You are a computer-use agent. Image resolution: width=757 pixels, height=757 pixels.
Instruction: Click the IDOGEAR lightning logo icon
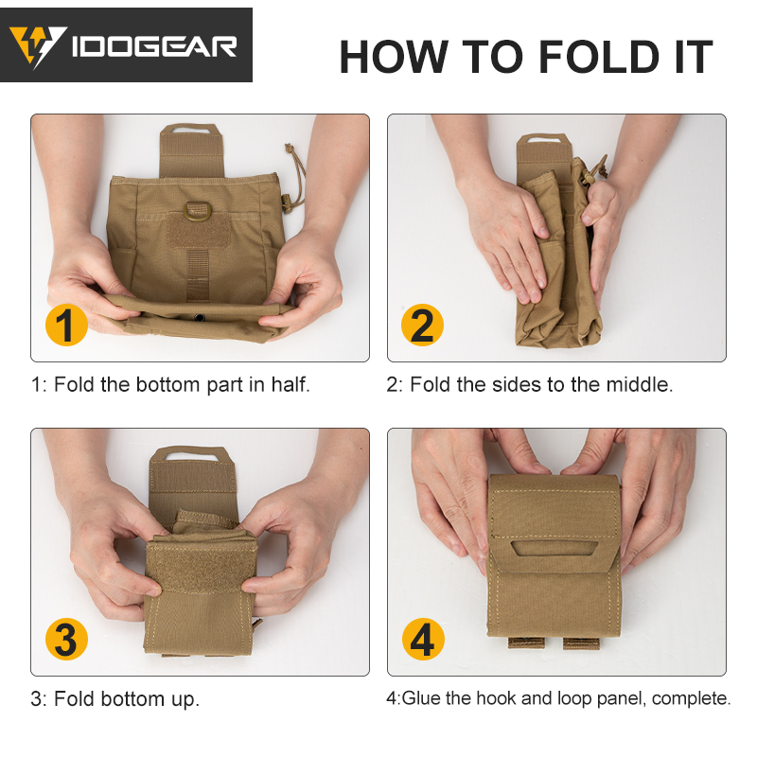point(37,45)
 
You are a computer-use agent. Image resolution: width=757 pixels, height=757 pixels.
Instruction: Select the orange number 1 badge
point(66,325)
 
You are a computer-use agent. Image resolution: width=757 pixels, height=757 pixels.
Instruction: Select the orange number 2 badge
point(422,325)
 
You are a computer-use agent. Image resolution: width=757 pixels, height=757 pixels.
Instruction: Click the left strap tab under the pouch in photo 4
point(526,643)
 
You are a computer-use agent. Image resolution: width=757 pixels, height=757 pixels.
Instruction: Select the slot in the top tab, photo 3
point(195,454)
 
